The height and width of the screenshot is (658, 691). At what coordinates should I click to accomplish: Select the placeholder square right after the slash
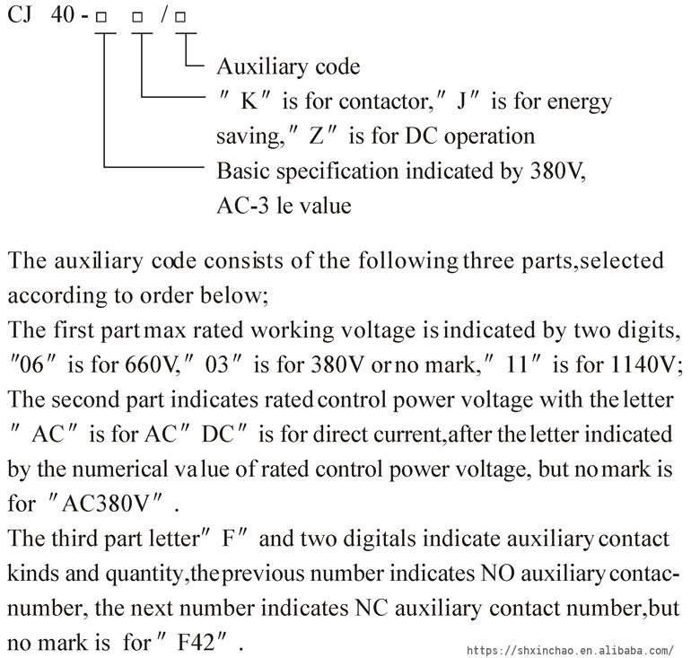[181, 18]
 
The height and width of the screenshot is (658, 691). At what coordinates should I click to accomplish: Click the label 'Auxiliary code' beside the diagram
[287, 66]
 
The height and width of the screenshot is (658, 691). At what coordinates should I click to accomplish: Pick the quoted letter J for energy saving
[463, 101]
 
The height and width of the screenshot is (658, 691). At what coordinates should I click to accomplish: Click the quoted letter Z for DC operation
[315, 136]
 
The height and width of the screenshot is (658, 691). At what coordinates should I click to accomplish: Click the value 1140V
[643, 366]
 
